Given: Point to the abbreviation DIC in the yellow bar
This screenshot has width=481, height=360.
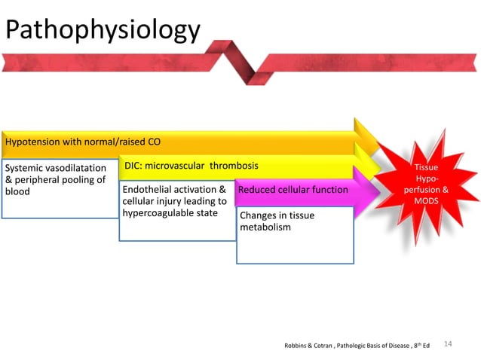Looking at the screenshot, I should (134, 165).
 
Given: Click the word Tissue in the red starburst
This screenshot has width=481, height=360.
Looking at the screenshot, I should (428, 167).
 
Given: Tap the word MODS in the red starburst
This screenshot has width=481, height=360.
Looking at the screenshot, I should (428, 201).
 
